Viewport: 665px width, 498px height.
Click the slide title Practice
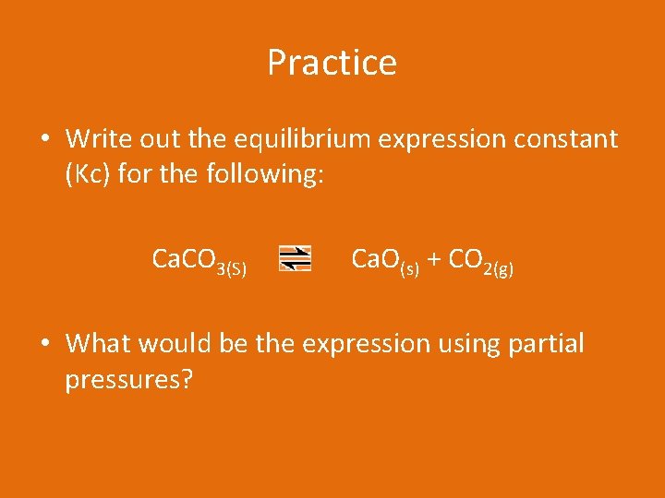point(332,63)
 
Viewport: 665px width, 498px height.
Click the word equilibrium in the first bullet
point(284,139)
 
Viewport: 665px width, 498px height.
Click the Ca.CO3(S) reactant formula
point(199,262)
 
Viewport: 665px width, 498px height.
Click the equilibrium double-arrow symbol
point(296,258)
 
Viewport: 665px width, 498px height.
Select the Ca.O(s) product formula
point(385,262)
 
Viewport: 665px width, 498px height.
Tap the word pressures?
point(128,378)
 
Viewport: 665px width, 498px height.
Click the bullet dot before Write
point(44,140)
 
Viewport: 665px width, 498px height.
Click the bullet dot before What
point(44,345)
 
